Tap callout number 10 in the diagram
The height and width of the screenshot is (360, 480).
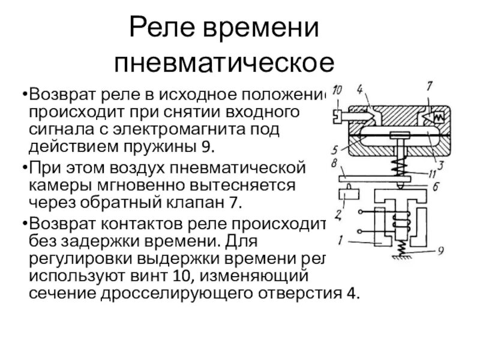click(337, 91)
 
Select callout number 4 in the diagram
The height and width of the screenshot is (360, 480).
click(359, 91)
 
